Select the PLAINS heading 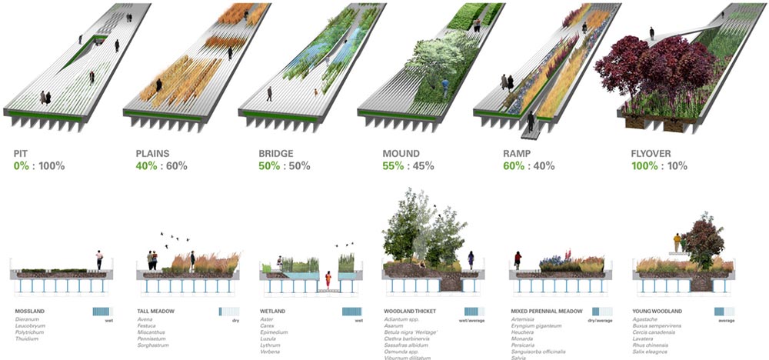pyautogui.click(x=152, y=153)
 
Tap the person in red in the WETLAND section pyautogui.click(x=328, y=278)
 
